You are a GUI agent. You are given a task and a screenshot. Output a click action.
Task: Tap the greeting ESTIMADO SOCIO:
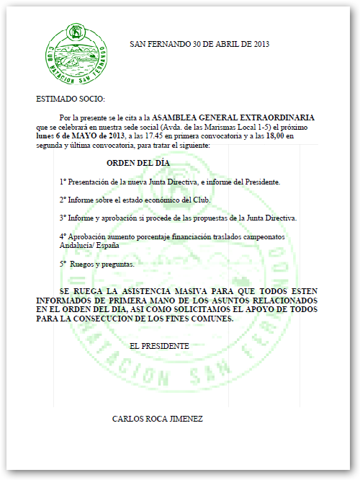coord(70,98)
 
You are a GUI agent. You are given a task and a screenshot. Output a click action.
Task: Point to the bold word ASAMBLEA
coord(172,117)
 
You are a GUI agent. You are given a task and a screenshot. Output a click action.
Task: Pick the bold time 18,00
coord(277,135)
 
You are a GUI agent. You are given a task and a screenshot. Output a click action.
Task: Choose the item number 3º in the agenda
coord(63,217)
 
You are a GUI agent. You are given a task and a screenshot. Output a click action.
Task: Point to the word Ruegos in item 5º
coord(83,264)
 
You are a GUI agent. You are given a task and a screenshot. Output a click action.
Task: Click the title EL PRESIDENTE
coord(159,346)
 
